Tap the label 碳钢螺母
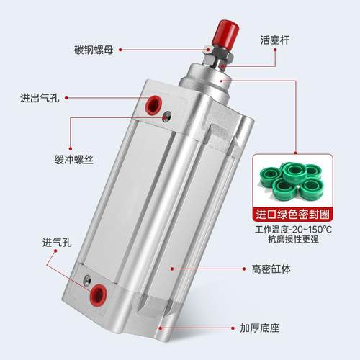pyautogui.click(x=97, y=50)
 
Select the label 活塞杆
pyautogui.click(x=274, y=41)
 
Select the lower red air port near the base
pyautogui.click(x=97, y=294)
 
